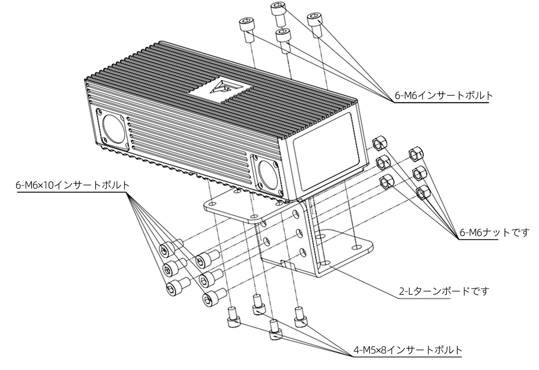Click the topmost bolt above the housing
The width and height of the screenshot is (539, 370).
(278, 13)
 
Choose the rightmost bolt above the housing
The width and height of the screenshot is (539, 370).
(314, 24)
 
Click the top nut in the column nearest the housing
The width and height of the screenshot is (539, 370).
(380, 143)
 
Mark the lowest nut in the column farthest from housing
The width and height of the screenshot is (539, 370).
(422, 192)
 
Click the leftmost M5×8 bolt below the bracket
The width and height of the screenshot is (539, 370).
(232, 317)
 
